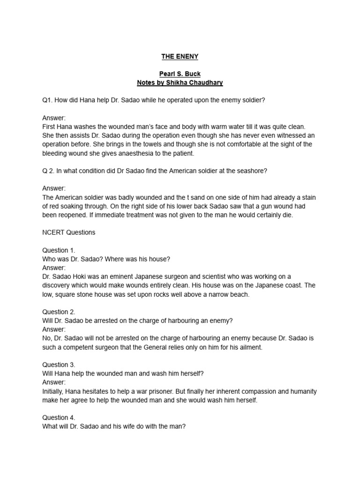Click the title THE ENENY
180,57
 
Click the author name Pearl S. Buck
180,74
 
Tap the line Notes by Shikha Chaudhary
180,83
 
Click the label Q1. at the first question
48,100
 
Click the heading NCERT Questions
68,232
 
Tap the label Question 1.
59,250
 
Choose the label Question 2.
59,312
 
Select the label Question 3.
59,364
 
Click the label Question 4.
59,417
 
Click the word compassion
256,391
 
